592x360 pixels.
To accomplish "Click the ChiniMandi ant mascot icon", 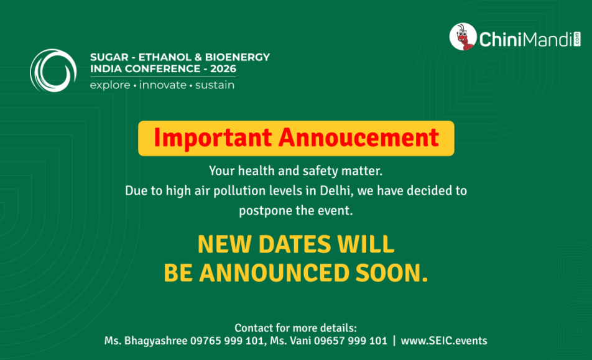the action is [463, 37].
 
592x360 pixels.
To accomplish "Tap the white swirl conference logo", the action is [53, 70].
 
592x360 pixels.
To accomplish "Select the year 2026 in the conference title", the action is [223, 68].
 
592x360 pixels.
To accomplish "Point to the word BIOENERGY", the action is [238, 57].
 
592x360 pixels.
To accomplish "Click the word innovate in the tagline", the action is [163, 85].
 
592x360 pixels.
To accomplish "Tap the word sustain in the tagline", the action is [215, 85].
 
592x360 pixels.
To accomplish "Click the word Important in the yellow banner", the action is [213, 138].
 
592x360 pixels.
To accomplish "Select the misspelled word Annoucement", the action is [359, 137].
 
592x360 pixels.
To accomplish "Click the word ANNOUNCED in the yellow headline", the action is [274, 273].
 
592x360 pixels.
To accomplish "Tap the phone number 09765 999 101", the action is [227, 341].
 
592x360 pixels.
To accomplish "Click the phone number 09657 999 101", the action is [351, 341].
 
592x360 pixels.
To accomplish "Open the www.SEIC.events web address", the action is [444, 341].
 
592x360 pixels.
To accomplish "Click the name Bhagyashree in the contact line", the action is [156, 341].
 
